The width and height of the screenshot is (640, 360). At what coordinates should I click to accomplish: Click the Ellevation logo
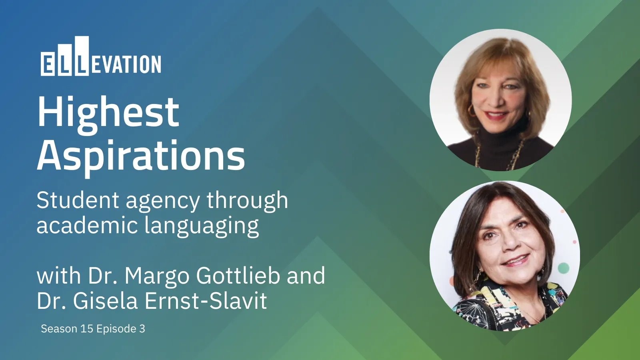coord(100,56)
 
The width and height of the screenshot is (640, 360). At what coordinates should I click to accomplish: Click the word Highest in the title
coord(108,112)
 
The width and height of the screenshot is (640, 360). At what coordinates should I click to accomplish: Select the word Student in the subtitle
coord(78,200)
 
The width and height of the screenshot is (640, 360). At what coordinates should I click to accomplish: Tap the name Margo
coord(156,276)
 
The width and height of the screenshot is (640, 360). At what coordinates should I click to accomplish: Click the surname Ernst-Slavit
coord(206,300)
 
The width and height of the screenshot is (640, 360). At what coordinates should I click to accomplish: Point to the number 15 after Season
coord(87,328)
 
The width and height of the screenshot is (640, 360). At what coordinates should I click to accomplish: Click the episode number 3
coord(142,328)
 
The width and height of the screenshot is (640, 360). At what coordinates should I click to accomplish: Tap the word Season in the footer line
coord(59,328)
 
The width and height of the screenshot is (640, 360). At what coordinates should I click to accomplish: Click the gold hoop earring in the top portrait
coord(471,111)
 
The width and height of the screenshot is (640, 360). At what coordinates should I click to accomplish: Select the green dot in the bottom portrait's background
coord(564,268)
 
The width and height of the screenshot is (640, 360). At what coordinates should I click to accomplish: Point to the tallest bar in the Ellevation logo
coord(82,56)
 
